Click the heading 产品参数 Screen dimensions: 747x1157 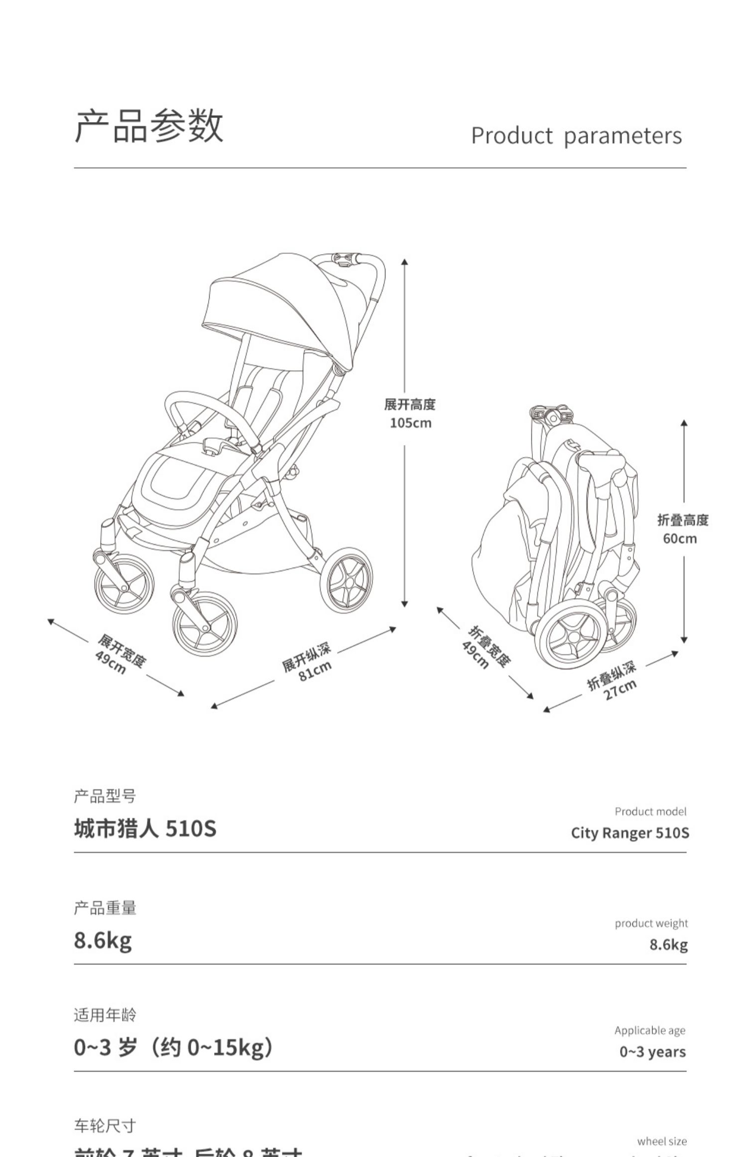click(x=149, y=126)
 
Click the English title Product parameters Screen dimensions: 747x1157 click(x=576, y=136)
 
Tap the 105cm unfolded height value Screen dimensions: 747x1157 click(x=410, y=423)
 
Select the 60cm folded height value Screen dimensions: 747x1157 click(x=680, y=539)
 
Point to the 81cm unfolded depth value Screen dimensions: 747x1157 click(x=315, y=671)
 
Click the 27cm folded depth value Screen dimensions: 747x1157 click(x=621, y=690)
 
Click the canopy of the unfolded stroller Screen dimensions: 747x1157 click(x=279, y=309)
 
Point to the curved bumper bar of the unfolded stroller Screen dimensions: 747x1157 click(x=209, y=409)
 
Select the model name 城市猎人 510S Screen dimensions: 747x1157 click(x=145, y=829)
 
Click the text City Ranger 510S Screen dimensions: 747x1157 click(x=630, y=833)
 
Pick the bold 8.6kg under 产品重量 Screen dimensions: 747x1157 click(x=103, y=940)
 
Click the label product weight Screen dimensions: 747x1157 click(x=651, y=923)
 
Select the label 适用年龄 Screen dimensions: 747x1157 click(x=105, y=1015)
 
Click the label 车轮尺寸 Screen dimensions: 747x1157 click(x=105, y=1126)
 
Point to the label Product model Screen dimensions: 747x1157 click(x=650, y=812)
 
